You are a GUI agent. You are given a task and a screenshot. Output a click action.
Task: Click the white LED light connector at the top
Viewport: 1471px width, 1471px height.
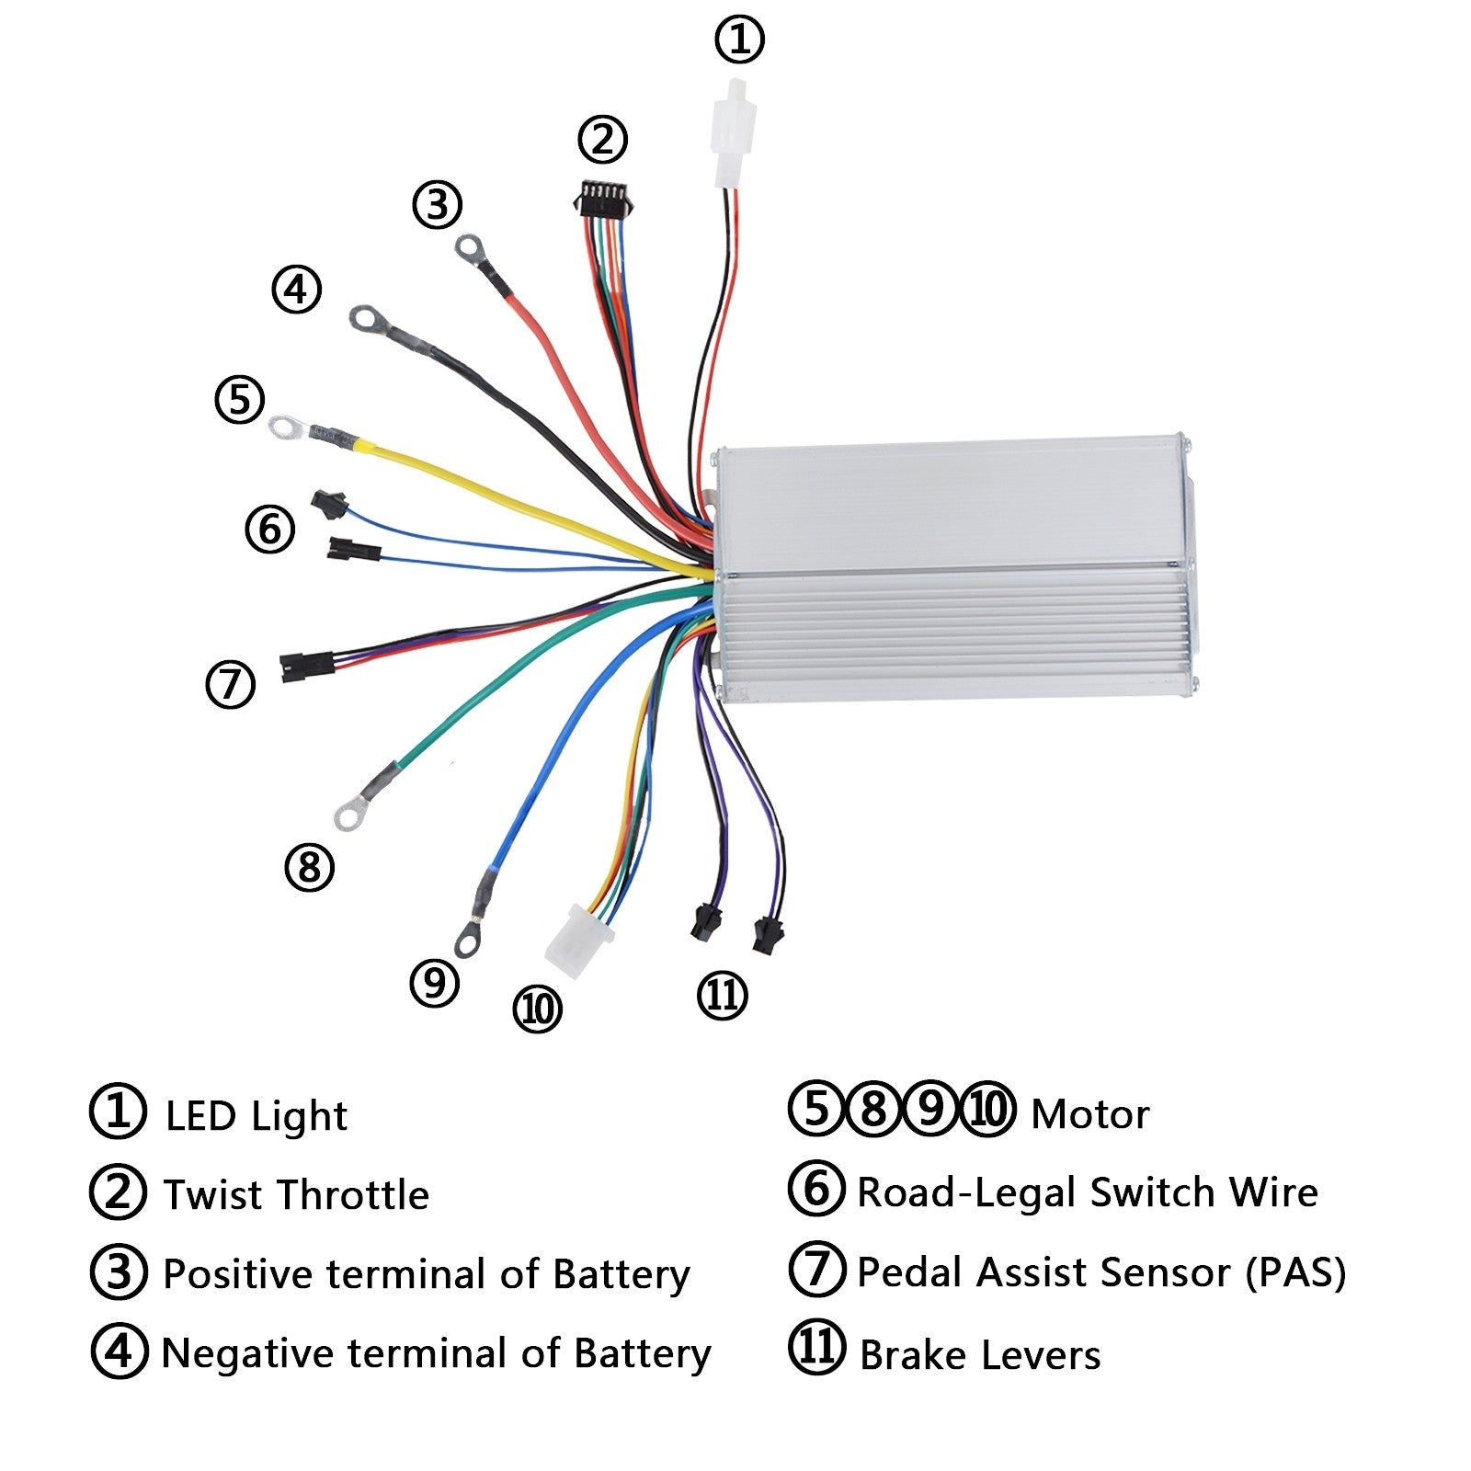pos(734,133)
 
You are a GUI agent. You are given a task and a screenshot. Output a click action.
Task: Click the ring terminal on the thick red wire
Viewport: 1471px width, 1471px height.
pos(470,246)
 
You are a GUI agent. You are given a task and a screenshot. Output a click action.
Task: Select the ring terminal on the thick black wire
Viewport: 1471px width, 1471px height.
pos(366,319)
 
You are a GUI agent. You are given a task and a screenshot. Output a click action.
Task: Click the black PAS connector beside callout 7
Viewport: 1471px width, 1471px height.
pos(306,662)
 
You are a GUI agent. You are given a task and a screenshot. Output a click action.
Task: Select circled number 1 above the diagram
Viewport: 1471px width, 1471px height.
pos(739,40)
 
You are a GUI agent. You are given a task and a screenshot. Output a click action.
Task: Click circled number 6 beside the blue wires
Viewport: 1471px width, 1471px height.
pos(269,530)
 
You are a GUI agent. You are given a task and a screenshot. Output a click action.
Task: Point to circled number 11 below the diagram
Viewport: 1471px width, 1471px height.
pos(722,995)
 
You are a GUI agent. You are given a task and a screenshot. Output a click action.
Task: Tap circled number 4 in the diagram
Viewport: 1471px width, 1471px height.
pos(296,290)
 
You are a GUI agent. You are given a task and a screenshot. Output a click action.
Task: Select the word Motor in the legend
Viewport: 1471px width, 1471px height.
pos(1089,1114)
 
